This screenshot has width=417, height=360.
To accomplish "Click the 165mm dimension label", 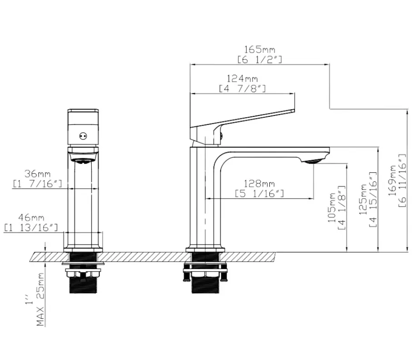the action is coord(259,50).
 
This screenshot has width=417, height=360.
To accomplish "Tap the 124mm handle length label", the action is coord(242,79).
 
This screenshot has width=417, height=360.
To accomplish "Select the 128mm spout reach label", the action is coord(259,184).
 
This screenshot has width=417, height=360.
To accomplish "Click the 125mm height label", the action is coord(363,200).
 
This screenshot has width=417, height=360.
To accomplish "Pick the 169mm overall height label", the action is coord(392,181).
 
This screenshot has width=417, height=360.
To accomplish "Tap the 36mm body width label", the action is coord(38,174).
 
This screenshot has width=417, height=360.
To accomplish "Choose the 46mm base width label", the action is coord(31,218).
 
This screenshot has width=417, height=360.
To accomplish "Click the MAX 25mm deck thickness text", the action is coord(40,300).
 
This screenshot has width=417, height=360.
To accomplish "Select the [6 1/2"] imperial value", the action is coord(259,60).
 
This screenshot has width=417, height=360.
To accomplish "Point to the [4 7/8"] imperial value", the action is coord(242,89).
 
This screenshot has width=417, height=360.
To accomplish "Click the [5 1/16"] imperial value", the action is coord(259,194).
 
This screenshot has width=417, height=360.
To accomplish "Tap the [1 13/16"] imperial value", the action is coord(31,228).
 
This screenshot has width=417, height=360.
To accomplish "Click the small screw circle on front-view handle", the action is coord(83,136).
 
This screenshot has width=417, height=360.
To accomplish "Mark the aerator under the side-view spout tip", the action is coord(313,161).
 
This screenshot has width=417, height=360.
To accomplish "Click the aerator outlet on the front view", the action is coord(83,161).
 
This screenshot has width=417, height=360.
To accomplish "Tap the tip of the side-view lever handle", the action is coord(294,111).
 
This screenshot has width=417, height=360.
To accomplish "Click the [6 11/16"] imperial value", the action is coord(402,181).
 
